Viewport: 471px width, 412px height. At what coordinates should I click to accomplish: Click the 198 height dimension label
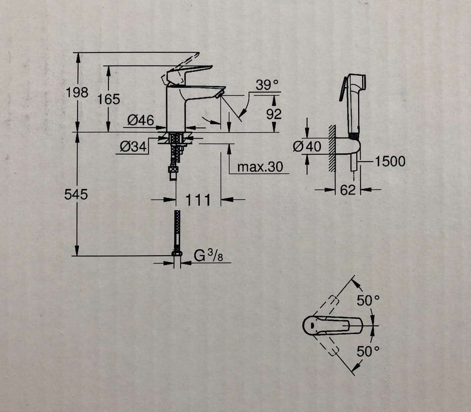click(77, 92)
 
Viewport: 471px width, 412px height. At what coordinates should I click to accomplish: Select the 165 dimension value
click(108, 99)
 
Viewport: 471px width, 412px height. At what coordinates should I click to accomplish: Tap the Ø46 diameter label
click(141, 120)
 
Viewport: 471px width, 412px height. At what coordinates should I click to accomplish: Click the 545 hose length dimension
click(76, 194)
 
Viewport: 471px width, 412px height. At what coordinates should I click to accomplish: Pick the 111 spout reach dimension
click(198, 200)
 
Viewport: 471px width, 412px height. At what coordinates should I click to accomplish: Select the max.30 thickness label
click(260, 167)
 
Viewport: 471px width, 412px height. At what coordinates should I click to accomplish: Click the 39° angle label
click(267, 85)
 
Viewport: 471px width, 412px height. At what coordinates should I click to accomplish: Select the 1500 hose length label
click(390, 161)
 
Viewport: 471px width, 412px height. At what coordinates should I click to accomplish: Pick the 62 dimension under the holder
click(347, 190)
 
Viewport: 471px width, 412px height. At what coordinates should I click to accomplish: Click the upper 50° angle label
click(368, 301)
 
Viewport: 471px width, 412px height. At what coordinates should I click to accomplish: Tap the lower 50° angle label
click(368, 351)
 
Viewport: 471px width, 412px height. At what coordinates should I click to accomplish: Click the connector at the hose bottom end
click(177, 254)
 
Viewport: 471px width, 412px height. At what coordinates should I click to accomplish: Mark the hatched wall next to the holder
click(332, 147)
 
